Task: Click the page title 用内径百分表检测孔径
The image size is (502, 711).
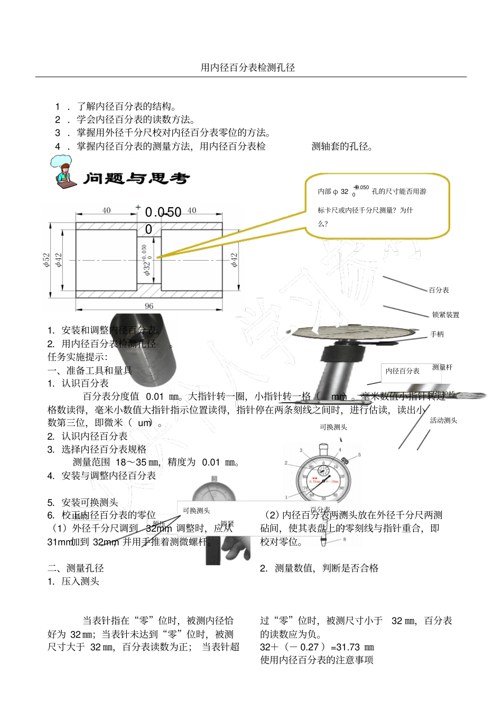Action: tap(248, 68)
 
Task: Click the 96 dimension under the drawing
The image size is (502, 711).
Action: tap(149, 306)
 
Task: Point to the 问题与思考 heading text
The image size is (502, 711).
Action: tap(136, 179)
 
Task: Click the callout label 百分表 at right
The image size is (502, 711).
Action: tap(439, 290)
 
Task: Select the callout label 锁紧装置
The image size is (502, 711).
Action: tap(445, 315)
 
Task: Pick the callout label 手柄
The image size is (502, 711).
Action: tap(437, 335)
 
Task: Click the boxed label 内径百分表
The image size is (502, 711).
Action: tap(403, 371)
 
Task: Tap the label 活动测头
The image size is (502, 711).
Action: tap(443, 421)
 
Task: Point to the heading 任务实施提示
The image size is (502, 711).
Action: tap(77, 357)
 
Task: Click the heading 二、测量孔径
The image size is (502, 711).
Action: tap(76, 568)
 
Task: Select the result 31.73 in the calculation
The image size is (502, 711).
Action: tap(348, 647)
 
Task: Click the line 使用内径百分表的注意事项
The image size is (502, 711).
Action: tap(317, 660)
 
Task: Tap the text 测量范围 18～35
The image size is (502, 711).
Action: tap(116, 463)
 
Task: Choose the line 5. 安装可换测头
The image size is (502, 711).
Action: tap(82, 503)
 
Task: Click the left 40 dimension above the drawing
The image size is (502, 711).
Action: tap(106, 210)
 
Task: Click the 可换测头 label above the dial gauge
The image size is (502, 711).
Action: tap(333, 427)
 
